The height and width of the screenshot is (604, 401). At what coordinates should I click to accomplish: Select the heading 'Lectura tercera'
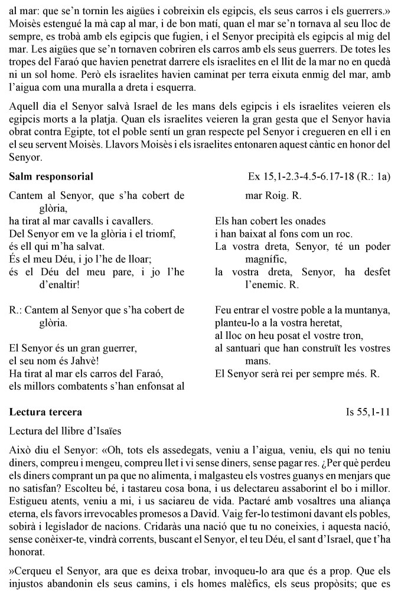(x=46, y=411)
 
